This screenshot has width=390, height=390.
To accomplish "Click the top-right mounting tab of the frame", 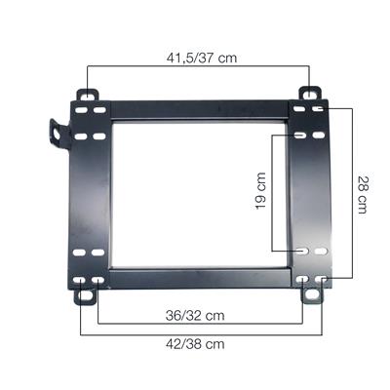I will point(309,97).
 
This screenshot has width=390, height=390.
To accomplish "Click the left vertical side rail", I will point(93,195).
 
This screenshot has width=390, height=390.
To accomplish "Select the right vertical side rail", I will point(312,195).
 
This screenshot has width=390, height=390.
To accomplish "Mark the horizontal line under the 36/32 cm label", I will point(200,325).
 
